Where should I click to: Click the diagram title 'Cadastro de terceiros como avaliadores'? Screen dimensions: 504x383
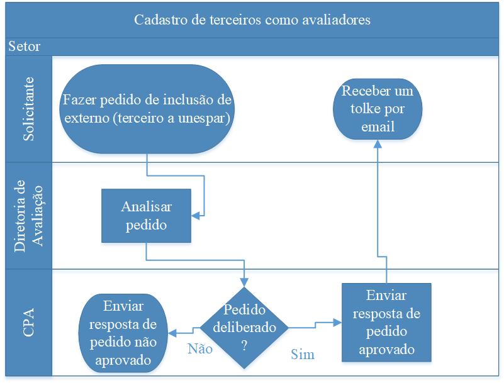[x=252, y=20]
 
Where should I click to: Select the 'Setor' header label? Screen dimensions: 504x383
[x=24, y=47]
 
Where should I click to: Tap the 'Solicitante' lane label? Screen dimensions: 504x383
[x=29, y=109]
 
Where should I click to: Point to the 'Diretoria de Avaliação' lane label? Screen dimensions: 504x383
[x=29, y=216]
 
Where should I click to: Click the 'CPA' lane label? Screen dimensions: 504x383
[x=29, y=322]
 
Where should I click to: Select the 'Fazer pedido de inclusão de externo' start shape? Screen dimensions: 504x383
[x=147, y=109]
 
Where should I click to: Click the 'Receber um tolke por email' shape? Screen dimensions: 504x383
[x=378, y=109]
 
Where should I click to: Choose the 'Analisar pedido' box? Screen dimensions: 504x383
[x=146, y=216]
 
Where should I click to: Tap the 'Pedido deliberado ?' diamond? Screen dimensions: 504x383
[x=244, y=328]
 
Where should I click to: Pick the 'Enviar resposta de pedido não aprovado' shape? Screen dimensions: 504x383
[x=123, y=333]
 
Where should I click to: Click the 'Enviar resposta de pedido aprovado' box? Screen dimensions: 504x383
[x=386, y=322]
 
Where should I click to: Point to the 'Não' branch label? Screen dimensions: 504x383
[x=200, y=349]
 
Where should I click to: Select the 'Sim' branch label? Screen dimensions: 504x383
[x=303, y=354]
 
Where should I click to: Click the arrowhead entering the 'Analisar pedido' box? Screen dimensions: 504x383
[x=195, y=216]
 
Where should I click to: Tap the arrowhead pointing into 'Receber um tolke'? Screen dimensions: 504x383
[x=378, y=143]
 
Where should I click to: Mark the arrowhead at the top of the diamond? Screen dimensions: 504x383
[x=244, y=282]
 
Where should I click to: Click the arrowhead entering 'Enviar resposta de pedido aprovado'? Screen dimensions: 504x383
[x=337, y=322]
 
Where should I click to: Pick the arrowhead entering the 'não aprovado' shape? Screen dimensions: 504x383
[x=172, y=333]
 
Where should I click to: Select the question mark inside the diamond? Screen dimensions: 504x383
[x=244, y=346]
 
